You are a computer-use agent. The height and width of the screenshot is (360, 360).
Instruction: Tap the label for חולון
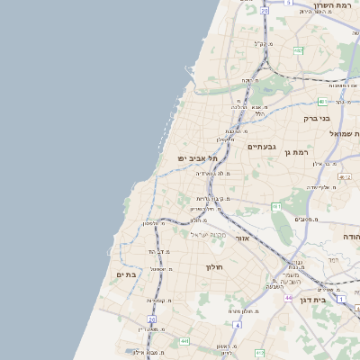point(213,267)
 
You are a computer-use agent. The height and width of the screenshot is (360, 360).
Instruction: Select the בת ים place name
point(126,274)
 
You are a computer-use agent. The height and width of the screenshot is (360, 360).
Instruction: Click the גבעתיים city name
point(261,146)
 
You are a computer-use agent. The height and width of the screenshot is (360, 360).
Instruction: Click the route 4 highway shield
point(237,323)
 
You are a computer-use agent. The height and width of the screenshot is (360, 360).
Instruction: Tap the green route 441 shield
point(184,341)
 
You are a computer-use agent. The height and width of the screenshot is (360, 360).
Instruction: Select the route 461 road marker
point(276,207)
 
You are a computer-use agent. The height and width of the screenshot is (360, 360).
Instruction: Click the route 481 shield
point(320,102)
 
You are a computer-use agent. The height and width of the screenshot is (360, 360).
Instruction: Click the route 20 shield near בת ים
point(152,319)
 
